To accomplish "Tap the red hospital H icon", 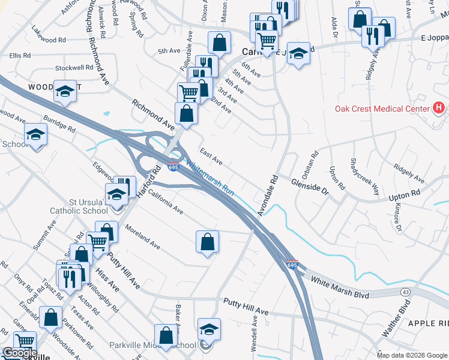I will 439,108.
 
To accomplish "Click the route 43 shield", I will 406,292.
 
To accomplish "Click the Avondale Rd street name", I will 268,196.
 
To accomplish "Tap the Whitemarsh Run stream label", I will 209,178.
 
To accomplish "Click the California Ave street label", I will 162,203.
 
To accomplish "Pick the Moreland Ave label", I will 143,236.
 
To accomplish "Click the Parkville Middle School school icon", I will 209,329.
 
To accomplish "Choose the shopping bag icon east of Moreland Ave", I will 207,242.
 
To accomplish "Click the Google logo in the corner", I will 19,353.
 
